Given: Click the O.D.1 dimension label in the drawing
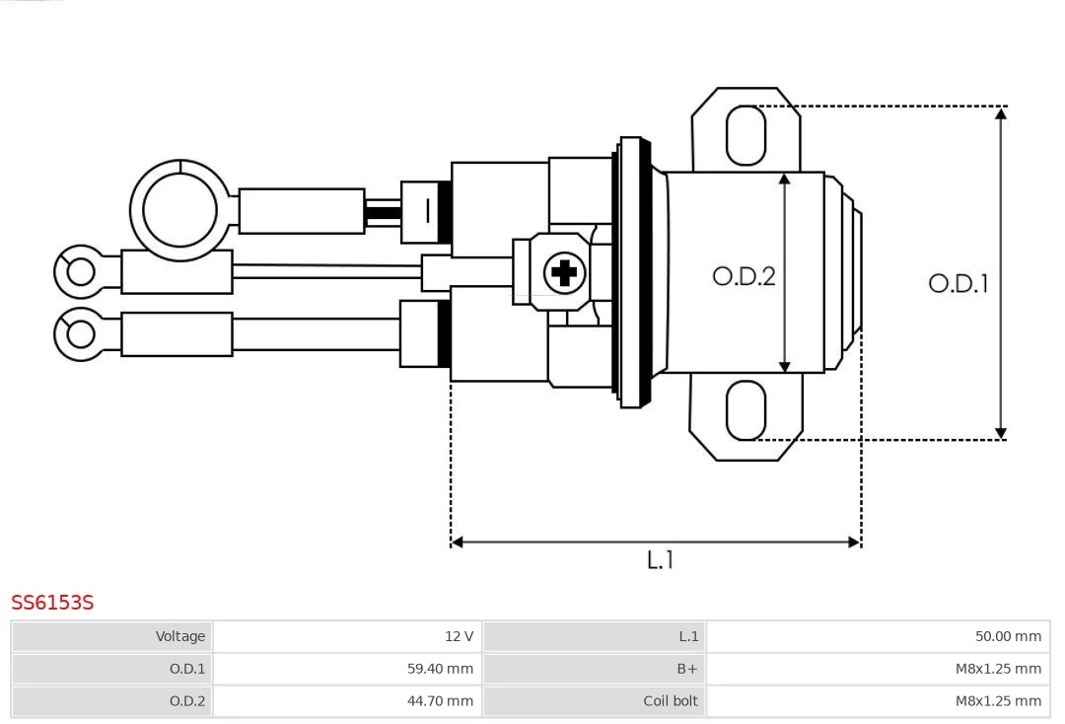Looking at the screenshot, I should pos(958,284).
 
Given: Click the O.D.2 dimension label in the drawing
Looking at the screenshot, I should pos(744,276).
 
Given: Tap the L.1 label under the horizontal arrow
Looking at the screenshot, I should pos(660,560).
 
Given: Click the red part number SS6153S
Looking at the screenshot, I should pos(52,603).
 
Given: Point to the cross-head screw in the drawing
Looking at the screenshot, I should pos(564,271).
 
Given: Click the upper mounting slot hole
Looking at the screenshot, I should pos(745,135).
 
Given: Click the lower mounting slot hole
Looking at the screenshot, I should pos(745,410).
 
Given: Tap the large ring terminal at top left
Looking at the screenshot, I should pos(179,210).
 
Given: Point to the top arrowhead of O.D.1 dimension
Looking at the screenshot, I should pos(1001,113).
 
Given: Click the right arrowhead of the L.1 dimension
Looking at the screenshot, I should pos(854,542).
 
